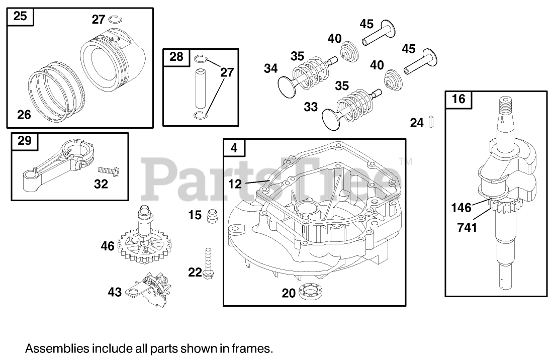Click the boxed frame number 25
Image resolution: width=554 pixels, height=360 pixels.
click(x=20, y=16)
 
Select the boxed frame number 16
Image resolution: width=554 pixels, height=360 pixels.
click(x=458, y=99)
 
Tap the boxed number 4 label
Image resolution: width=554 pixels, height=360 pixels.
click(x=234, y=148)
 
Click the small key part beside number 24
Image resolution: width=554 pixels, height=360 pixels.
click(x=431, y=122)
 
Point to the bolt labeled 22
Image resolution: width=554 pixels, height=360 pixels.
click(x=208, y=262)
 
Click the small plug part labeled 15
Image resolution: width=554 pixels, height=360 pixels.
click(x=212, y=216)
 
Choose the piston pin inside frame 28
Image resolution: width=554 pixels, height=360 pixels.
click(x=201, y=88)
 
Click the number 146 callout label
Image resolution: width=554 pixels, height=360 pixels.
click(x=461, y=207)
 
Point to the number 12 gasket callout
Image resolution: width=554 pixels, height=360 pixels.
click(x=235, y=184)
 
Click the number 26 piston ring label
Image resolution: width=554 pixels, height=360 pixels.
click(x=24, y=115)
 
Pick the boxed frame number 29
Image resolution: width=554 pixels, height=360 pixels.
click(x=24, y=141)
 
